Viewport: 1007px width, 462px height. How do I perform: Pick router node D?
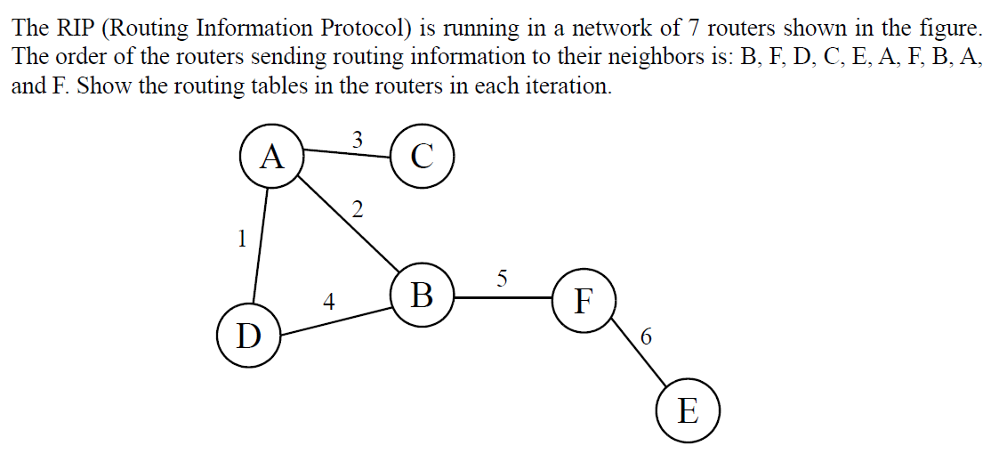click(x=249, y=336)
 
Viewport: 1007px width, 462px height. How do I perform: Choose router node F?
click(x=583, y=301)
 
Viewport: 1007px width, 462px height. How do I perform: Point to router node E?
click(x=688, y=410)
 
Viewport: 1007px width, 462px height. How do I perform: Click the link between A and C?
click(x=347, y=154)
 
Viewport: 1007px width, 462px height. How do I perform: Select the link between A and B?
click(x=347, y=222)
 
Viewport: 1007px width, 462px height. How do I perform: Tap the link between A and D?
click(x=262, y=245)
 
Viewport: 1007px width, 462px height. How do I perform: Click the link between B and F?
click(x=503, y=298)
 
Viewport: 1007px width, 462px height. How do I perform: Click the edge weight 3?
click(x=357, y=139)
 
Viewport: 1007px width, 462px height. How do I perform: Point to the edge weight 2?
click(x=358, y=210)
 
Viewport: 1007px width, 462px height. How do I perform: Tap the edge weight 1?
click(x=240, y=238)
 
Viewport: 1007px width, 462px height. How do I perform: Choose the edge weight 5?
click(x=502, y=279)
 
